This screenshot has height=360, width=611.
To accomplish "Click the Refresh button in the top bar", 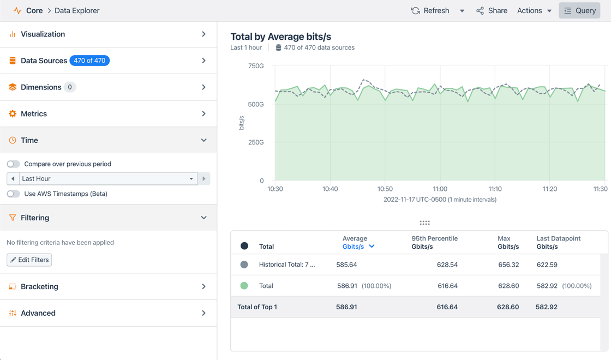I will click(x=430, y=11).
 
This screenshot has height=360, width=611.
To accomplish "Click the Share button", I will click(x=492, y=11).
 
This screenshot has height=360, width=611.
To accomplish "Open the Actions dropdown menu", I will click(x=534, y=11).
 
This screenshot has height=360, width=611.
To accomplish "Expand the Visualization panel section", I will click(x=108, y=34).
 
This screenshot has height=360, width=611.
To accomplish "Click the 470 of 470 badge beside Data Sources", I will click(x=89, y=61).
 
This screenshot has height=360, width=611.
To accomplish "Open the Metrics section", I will click(x=108, y=114).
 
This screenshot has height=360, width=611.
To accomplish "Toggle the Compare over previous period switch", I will click(x=14, y=164).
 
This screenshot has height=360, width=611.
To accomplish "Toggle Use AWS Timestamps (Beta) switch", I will click(x=14, y=194).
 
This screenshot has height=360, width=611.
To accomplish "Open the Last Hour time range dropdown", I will click(x=107, y=179).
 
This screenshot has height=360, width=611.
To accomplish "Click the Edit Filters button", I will click(x=29, y=260).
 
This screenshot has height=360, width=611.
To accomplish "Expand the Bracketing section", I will click(x=108, y=287).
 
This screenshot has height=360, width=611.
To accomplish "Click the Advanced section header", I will click(x=108, y=314).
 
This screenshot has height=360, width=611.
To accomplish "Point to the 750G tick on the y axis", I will click(x=256, y=66).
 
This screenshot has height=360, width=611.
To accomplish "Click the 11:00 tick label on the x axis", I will click(x=440, y=189).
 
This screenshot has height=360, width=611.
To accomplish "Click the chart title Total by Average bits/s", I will click(x=280, y=37).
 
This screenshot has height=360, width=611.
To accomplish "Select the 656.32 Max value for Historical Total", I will click(x=508, y=265).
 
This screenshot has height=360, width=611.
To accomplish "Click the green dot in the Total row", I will click(x=244, y=286).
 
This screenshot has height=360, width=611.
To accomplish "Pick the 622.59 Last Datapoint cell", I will click(x=547, y=265).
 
